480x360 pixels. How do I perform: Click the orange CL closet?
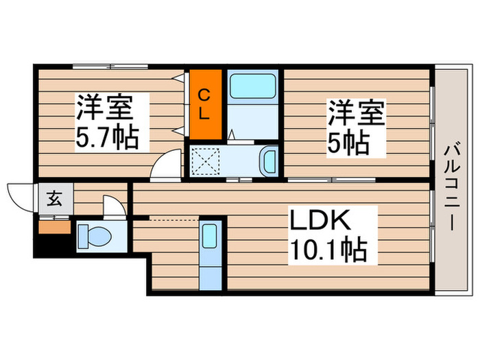(x=206, y=103)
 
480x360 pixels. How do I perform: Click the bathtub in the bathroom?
(x=252, y=87)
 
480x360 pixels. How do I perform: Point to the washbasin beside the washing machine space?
(x=268, y=162)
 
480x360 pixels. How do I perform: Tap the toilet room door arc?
(x=111, y=205)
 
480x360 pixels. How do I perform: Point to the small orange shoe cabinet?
(x=54, y=225)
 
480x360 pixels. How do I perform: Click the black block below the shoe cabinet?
(x=54, y=244)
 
